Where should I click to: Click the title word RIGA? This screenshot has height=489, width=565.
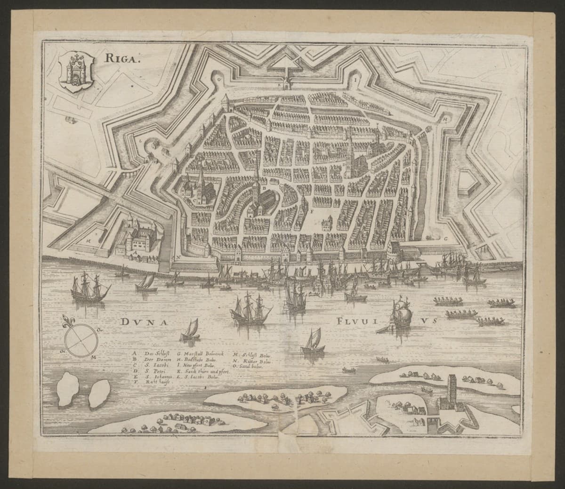tap(113, 59)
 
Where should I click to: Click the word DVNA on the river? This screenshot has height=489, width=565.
tap(141, 322)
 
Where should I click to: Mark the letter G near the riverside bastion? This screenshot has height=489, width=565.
tap(445, 239)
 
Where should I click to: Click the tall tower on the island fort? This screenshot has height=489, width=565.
tap(452, 389)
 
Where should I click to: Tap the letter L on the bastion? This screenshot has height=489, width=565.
tap(140, 140)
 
